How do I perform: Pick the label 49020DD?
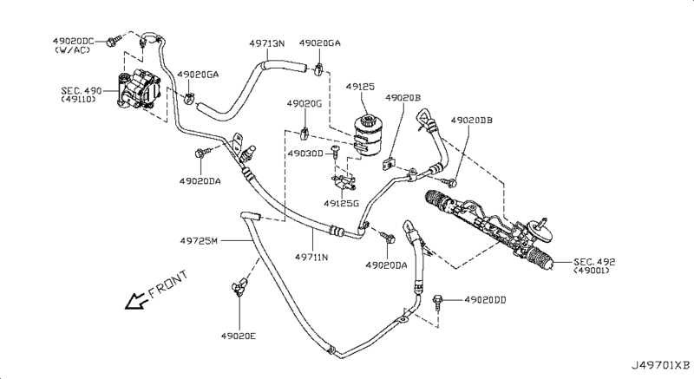click(x=485, y=300)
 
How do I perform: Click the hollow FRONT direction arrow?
click(x=134, y=301)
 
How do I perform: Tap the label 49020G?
click(x=304, y=104)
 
